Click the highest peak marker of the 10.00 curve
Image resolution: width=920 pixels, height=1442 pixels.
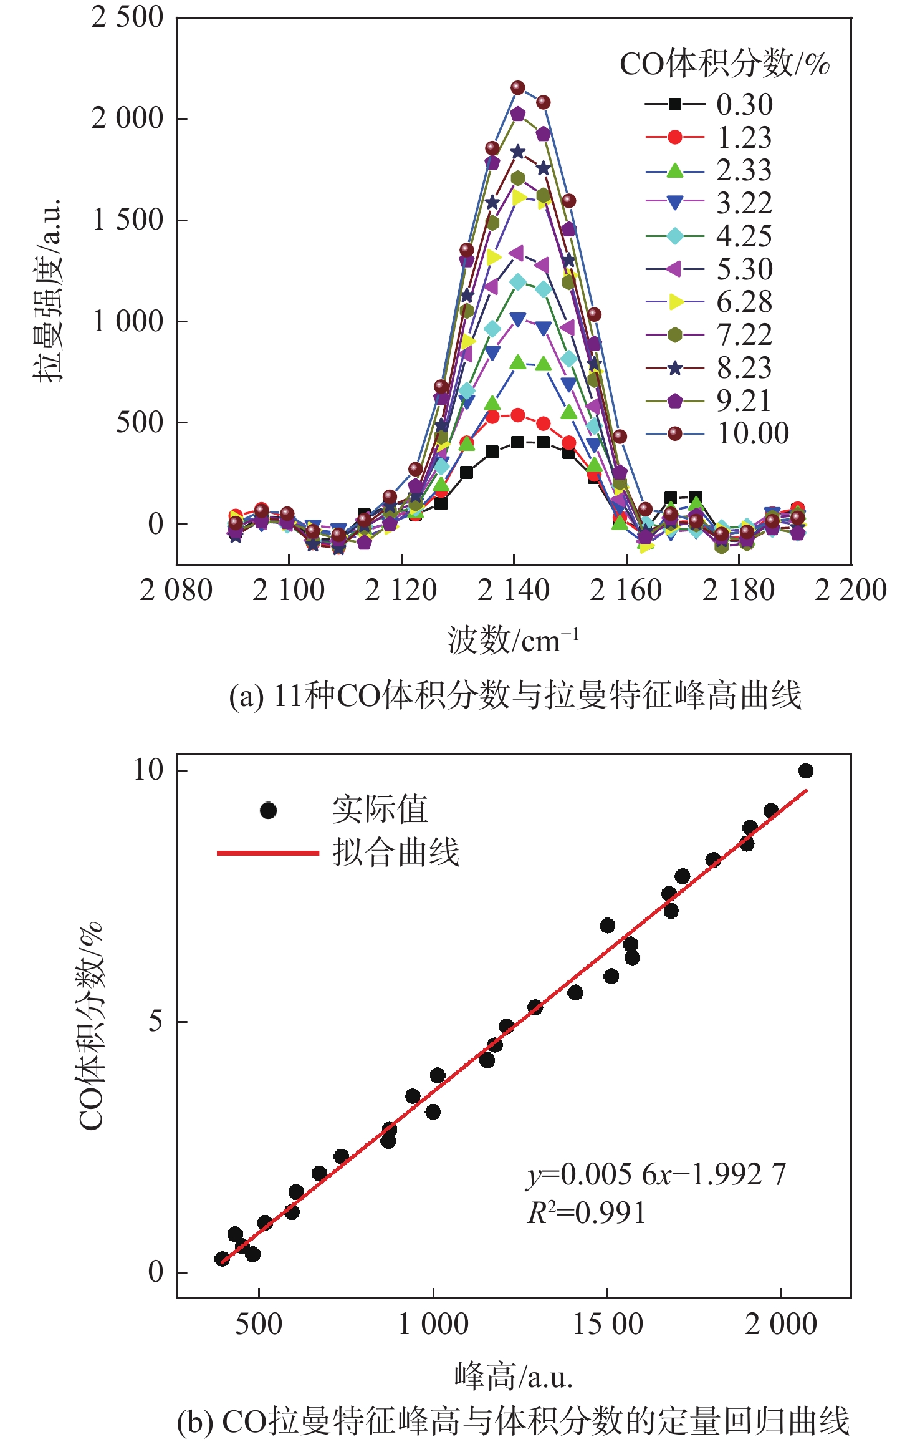[x=518, y=88]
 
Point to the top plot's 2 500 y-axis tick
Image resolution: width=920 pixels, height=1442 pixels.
[x=128, y=17]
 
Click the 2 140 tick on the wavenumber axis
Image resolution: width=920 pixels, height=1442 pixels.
[x=514, y=590]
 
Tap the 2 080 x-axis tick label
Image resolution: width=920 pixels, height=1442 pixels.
[x=176, y=590]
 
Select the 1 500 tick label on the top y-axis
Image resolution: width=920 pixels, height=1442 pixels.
[x=128, y=220]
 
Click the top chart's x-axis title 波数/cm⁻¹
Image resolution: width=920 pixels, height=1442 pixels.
[x=513, y=641]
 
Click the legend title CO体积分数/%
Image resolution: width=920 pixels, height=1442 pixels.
[x=724, y=64]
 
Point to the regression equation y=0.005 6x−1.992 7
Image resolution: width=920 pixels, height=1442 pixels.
[x=656, y=1174]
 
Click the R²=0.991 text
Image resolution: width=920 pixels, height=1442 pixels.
[x=586, y=1213]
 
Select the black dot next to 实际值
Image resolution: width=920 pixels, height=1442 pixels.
[x=268, y=811]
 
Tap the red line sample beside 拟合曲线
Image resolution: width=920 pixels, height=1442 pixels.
[x=268, y=853]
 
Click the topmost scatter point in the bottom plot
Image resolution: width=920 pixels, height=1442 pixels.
[x=805, y=771]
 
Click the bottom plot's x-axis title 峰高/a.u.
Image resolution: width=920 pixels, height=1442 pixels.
[x=513, y=1377]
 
